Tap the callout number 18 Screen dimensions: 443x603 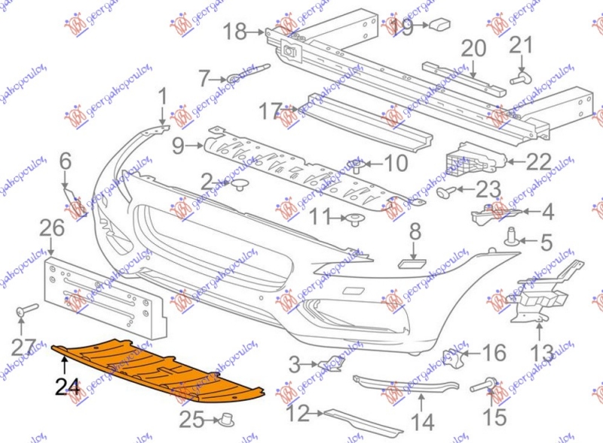click(x=235, y=31)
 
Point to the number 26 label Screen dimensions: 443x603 click(x=52, y=227)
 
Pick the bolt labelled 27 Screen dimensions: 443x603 click(x=28, y=310)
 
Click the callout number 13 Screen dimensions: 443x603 click(x=542, y=351)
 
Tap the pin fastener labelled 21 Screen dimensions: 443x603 click(x=521, y=76)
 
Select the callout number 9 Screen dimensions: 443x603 click(x=179, y=146)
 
